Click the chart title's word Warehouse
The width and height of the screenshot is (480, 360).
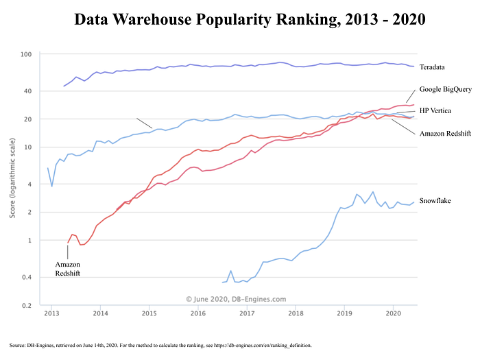152,20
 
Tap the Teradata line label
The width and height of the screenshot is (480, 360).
432,67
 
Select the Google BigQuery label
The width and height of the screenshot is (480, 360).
446,89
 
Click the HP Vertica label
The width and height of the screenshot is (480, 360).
435,110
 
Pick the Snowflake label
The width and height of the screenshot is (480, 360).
435,200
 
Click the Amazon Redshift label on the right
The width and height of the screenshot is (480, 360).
445,134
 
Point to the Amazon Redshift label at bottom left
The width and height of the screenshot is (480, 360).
68,269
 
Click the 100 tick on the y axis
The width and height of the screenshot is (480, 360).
26,54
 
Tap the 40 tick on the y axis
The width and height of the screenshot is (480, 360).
28,91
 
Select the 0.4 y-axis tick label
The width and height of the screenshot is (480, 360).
27,277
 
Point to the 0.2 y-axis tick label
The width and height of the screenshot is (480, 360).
27,306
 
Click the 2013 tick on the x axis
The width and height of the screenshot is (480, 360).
51,313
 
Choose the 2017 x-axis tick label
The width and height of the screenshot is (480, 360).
247,313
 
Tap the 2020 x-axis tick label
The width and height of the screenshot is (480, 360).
394,313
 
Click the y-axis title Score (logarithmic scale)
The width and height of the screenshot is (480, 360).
12,178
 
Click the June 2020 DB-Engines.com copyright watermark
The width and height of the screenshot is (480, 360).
236,299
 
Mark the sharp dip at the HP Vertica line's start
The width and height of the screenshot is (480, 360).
51,186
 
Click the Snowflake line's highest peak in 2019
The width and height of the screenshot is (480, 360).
373,192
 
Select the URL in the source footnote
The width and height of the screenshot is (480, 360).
263,346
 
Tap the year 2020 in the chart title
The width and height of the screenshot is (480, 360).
409,20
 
